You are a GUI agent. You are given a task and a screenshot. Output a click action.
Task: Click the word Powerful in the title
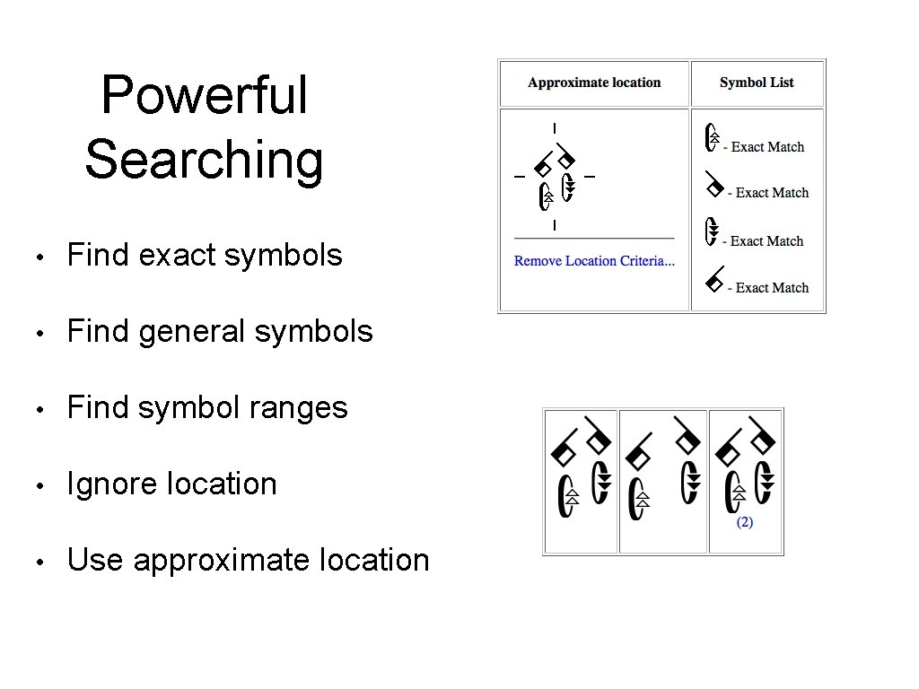point(205,95)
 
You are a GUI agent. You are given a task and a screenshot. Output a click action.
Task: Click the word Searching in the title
point(204,160)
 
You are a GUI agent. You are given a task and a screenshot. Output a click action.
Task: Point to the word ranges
point(302,408)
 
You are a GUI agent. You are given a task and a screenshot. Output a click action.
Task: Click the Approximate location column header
point(594,83)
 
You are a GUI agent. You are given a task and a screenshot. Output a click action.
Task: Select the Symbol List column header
point(757,83)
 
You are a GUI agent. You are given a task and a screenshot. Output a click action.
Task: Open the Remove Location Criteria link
point(594,261)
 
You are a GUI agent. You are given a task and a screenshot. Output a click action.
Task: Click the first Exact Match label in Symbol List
point(767,147)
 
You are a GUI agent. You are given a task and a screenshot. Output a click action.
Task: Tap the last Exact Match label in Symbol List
point(772,288)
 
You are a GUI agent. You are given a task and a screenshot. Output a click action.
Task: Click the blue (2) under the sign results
point(745,522)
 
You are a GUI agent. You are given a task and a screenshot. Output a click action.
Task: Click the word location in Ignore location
point(222,484)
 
